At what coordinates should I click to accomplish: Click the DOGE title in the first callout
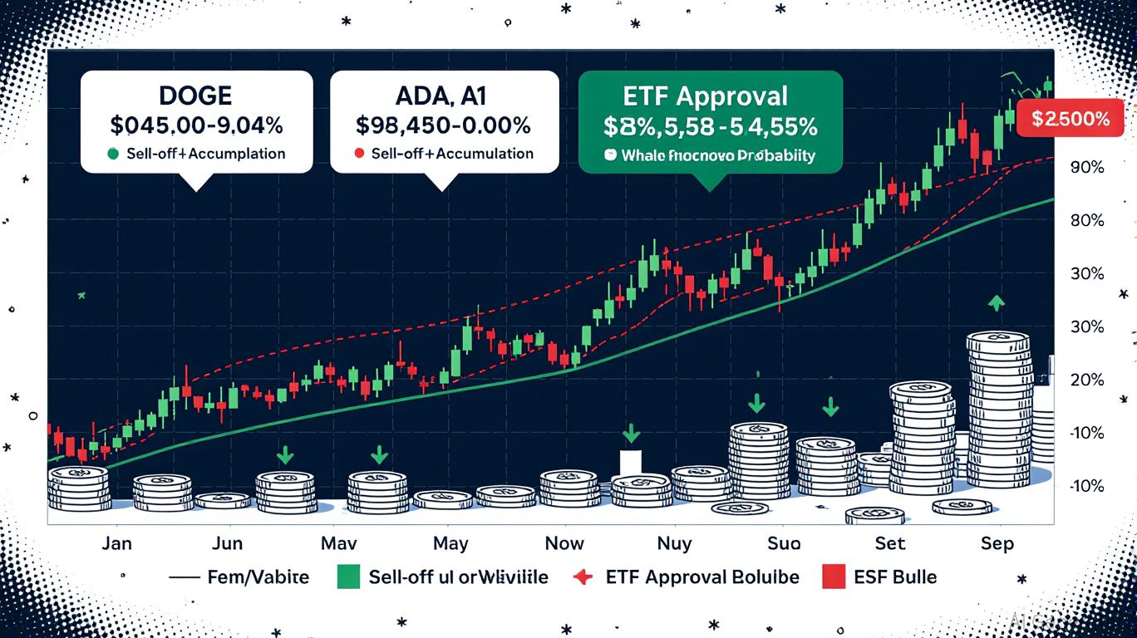(x=196, y=96)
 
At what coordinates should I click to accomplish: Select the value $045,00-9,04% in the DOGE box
(x=196, y=125)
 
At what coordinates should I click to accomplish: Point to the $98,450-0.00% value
(x=443, y=125)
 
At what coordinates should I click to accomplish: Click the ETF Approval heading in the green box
(x=709, y=96)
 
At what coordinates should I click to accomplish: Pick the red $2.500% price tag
(x=1071, y=119)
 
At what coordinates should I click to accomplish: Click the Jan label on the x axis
(x=116, y=544)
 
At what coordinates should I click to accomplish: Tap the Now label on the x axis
(x=564, y=544)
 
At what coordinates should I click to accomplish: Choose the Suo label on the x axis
(x=783, y=544)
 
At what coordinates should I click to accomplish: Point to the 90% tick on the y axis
(x=1087, y=167)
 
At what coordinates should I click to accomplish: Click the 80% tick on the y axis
(x=1087, y=221)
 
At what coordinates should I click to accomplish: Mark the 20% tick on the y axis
(x=1087, y=380)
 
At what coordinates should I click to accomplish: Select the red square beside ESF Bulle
(x=832, y=577)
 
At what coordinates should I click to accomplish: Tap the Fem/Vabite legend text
(x=258, y=577)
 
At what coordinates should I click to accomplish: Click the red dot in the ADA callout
(x=358, y=154)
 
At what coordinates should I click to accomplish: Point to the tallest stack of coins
(x=998, y=415)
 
